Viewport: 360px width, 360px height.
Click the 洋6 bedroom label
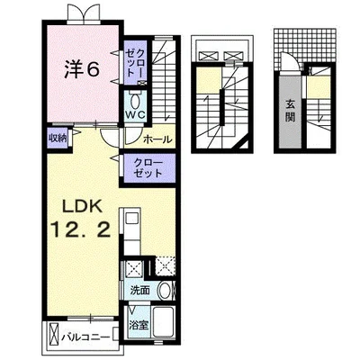click(82, 70)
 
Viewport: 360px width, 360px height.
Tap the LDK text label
click(81, 206)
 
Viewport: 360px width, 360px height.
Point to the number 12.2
click(81, 230)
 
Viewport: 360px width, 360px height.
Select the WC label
click(135, 114)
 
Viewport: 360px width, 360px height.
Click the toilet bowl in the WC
click(135, 101)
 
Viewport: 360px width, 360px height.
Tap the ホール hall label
click(157, 139)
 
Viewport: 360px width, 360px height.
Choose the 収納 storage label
click(57, 139)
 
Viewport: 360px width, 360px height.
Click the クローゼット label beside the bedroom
click(135, 62)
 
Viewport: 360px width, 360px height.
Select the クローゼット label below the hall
click(148, 168)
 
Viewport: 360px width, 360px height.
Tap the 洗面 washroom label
click(139, 290)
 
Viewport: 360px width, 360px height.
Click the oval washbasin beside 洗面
click(164, 291)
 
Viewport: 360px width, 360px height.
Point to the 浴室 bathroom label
click(139, 325)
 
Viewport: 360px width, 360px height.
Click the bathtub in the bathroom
click(164, 323)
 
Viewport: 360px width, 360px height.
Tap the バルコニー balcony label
click(85, 337)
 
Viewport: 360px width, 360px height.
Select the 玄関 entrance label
click(290, 112)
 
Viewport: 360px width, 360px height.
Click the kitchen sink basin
click(131, 218)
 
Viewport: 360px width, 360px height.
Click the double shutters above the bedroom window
click(83, 13)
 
